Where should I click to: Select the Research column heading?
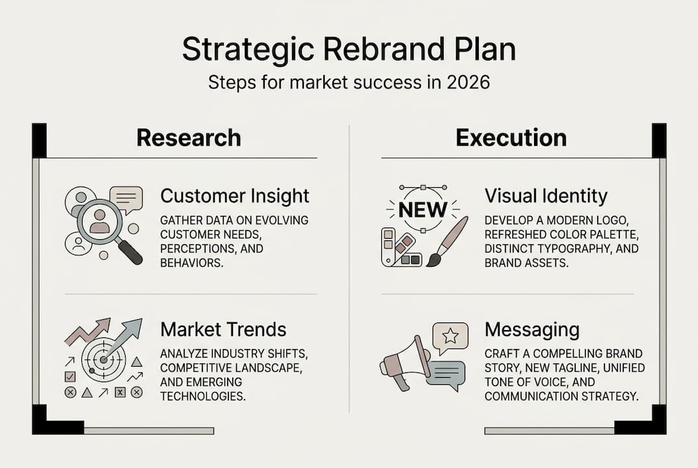189,138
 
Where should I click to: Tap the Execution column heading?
511,138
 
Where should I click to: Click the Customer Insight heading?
235,196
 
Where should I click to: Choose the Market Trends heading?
223,330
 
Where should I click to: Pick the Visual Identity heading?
546,196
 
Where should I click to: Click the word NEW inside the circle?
423,210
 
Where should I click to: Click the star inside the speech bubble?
450,336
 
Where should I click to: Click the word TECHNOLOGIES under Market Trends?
203,396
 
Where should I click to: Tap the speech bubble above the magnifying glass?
126,198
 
